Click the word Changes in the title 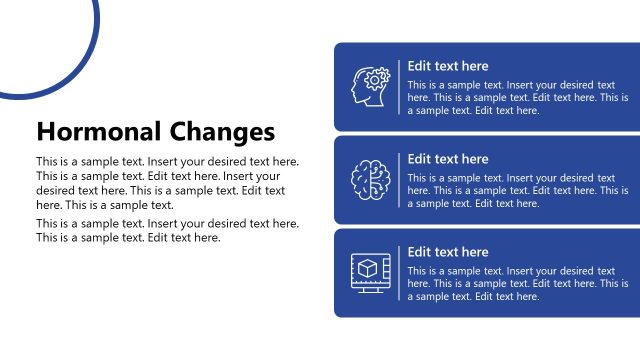223,131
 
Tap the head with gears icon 370,87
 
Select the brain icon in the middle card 370,180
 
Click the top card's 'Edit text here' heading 448,66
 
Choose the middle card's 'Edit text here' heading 448,159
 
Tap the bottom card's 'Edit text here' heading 448,252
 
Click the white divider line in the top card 399,87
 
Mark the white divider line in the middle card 399,180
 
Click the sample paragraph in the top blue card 517,98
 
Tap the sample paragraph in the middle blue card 517,191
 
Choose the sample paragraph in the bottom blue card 517,284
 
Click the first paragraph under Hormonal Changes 166,182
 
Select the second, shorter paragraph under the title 166,231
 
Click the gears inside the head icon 379,77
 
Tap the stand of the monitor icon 370,289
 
